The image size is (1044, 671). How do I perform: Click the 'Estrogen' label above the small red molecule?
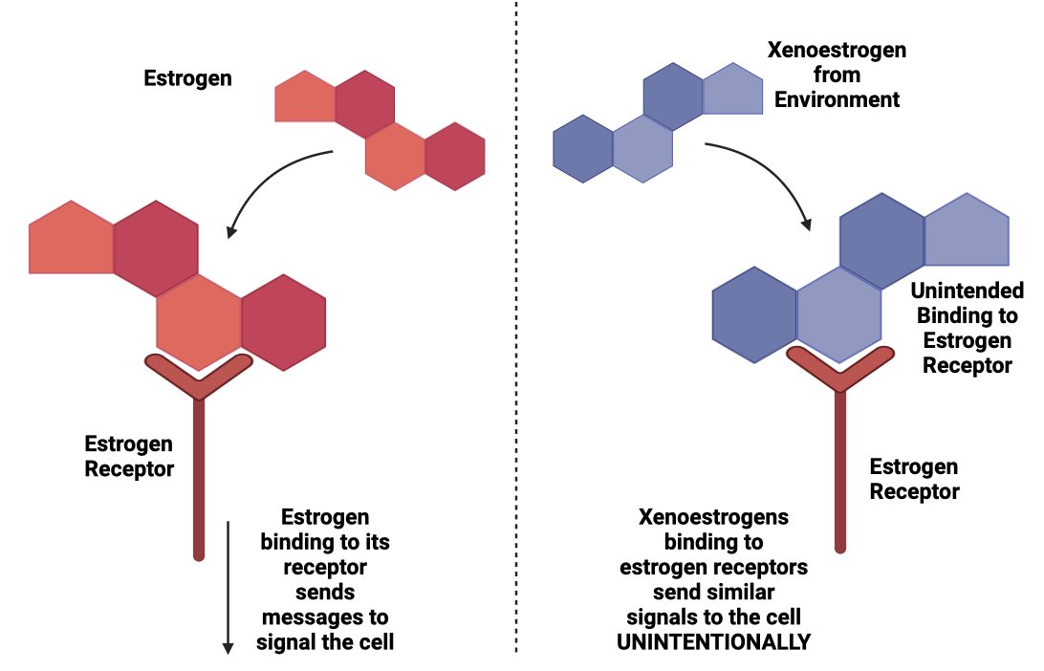pos(187,77)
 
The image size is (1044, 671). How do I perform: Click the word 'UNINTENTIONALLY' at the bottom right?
pos(713,641)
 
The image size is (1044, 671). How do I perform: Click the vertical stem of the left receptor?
pos(199,478)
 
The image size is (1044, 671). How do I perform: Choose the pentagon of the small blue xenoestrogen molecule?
pos(733,90)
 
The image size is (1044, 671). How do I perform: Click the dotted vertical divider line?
pos(516,335)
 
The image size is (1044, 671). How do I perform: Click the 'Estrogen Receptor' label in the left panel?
pos(129,456)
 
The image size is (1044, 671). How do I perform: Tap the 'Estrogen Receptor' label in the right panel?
pos(913,479)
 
